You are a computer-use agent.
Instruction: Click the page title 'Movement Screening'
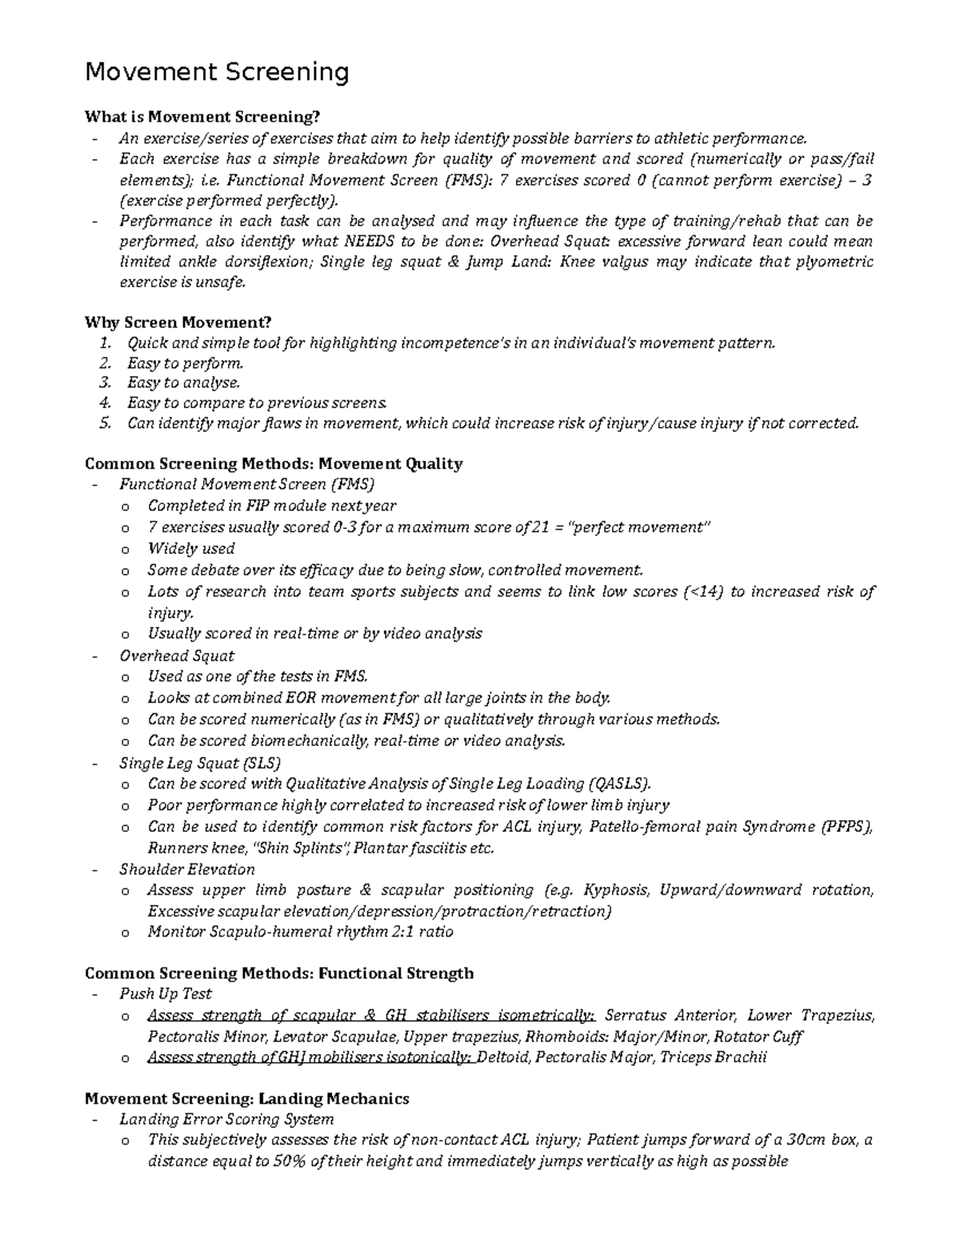[217, 73]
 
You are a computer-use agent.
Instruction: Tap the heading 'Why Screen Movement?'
[178, 322]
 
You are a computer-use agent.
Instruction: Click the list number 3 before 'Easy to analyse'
[104, 383]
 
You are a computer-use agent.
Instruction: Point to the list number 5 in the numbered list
[104, 423]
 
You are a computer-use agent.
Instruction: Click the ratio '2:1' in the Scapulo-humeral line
[401, 932]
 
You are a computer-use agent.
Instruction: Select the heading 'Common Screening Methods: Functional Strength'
[279, 973]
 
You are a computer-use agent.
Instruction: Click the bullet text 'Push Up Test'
[166, 993]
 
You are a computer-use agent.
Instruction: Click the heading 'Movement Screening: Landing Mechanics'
[246, 1099]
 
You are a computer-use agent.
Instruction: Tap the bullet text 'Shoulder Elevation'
[187, 869]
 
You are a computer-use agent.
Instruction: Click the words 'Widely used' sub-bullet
[191, 548]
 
